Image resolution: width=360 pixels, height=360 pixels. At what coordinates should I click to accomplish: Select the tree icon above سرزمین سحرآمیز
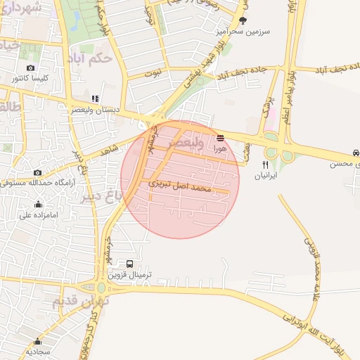point(243,20)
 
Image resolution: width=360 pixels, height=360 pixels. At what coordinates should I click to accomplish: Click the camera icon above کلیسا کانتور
point(30,68)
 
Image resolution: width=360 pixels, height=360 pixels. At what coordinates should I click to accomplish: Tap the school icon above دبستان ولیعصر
point(96,99)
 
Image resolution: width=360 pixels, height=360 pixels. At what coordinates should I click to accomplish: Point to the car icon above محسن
point(356,152)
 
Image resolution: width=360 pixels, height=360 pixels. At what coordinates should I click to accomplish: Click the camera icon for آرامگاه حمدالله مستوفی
point(38,172)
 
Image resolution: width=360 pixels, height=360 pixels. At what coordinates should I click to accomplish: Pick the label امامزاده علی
point(37,216)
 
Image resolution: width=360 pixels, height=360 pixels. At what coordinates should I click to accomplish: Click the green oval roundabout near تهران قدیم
point(102,287)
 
